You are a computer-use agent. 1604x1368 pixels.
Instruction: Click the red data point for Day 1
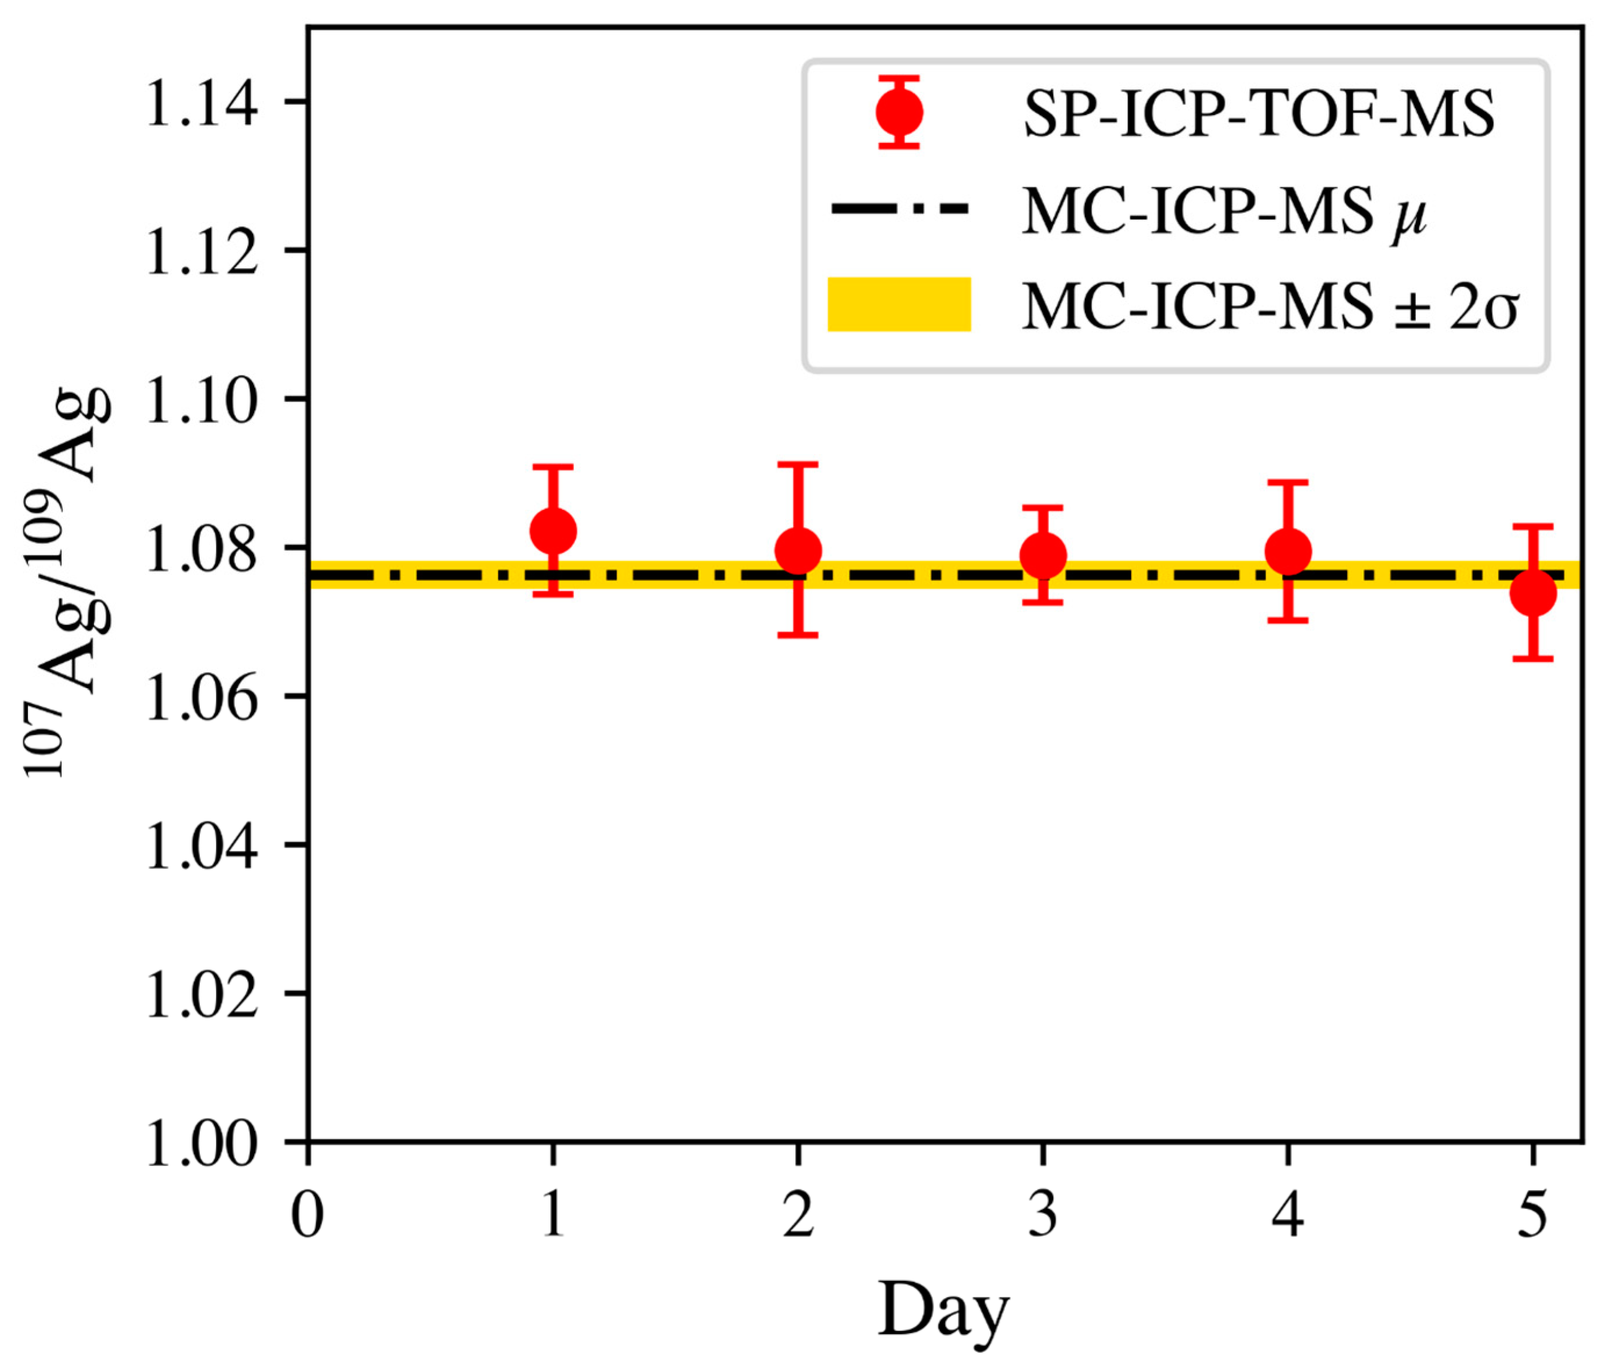coord(553,531)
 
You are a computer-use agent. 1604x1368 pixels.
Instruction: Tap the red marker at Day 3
coord(1043,555)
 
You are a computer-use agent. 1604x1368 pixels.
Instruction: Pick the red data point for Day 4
coord(1288,551)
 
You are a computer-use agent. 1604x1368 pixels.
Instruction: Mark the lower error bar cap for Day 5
coord(1533,659)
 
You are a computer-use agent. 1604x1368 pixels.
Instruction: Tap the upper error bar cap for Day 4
coord(1288,482)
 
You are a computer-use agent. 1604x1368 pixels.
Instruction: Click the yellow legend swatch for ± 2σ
coord(899,304)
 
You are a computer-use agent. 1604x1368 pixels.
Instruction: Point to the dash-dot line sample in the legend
coord(899,208)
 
